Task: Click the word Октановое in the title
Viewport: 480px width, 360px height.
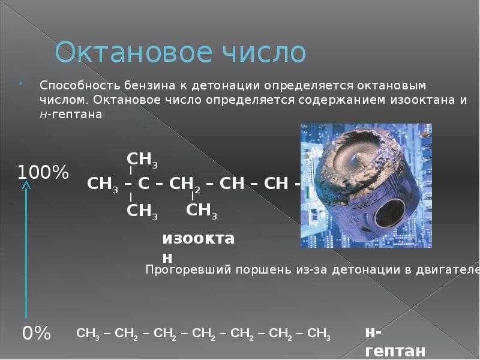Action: coord(133,52)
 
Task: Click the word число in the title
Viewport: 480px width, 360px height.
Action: coord(264,52)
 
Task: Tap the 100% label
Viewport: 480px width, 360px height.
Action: coord(43,172)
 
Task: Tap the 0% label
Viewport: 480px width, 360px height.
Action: coord(37,333)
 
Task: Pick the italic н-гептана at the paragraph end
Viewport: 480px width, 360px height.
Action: coord(71,115)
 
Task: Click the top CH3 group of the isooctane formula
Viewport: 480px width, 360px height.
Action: coord(142,160)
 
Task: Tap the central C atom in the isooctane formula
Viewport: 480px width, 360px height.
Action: coord(143,184)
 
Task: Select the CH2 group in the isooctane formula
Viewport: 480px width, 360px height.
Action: coord(185,184)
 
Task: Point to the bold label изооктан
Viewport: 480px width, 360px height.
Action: coord(199,248)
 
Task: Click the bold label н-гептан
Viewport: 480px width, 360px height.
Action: coord(395,341)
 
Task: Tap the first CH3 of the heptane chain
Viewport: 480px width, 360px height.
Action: coord(88,334)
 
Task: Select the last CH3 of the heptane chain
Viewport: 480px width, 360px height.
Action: coord(319,334)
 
